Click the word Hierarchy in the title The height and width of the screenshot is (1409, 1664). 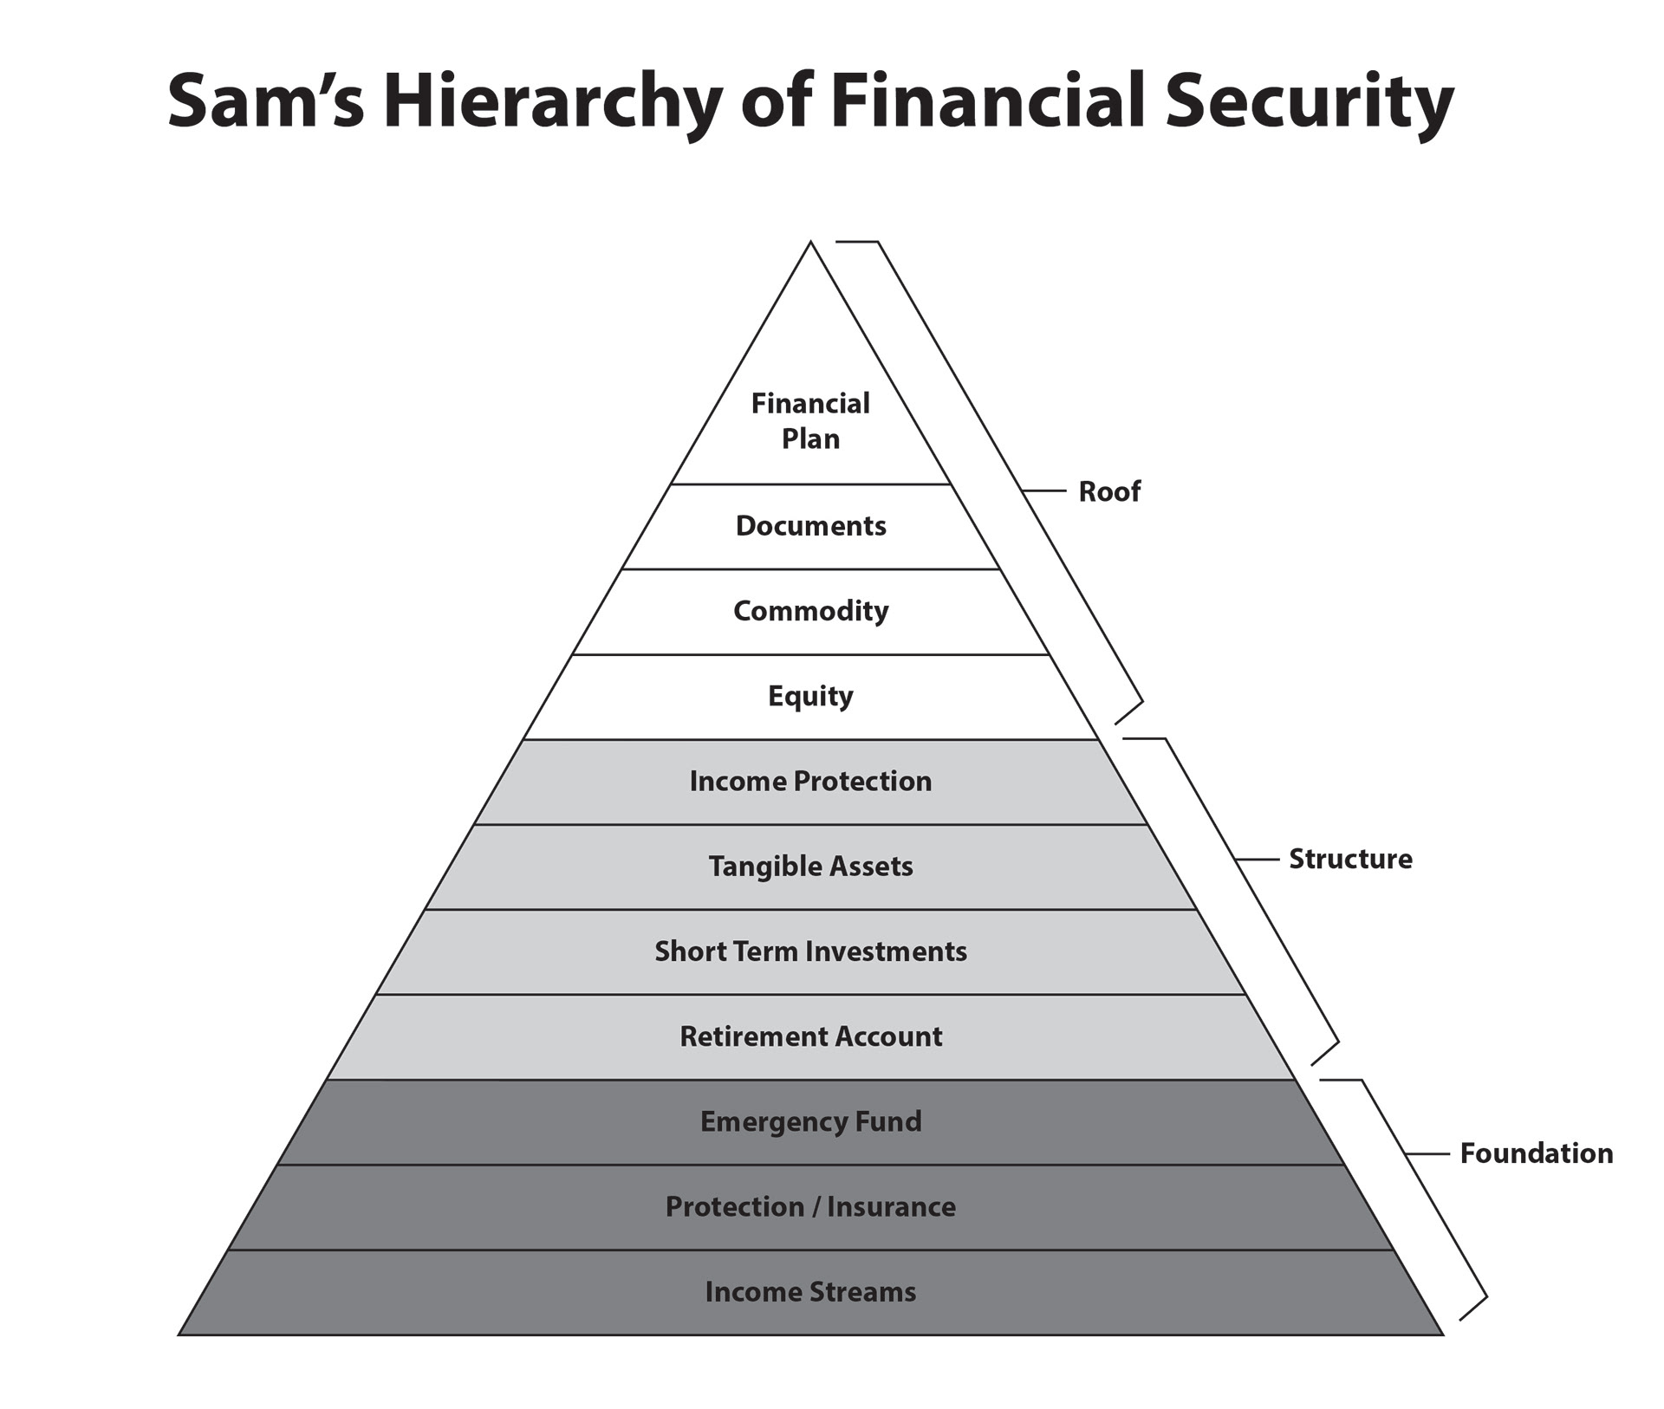click(x=552, y=103)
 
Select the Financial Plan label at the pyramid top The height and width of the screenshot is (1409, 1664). click(x=810, y=421)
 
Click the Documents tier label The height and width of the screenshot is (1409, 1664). click(x=810, y=526)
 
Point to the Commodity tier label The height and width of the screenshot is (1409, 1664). click(x=810, y=611)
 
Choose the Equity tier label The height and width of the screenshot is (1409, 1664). click(x=810, y=697)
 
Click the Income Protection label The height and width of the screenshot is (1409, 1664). click(x=810, y=782)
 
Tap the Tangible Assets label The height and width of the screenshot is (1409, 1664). click(x=810, y=867)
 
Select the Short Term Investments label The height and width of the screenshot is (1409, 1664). click(x=810, y=951)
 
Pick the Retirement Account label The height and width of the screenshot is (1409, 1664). click(x=810, y=1036)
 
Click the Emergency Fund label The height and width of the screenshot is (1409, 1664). click(x=810, y=1122)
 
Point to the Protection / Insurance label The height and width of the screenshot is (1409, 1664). click(x=810, y=1207)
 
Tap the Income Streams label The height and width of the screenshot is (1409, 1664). click(x=810, y=1292)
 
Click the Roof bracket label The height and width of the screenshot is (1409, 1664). click(x=1109, y=491)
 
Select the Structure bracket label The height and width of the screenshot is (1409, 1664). click(x=1350, y=859)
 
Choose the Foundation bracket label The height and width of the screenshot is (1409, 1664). click(x=1537, y=1153)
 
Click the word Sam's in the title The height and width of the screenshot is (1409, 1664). click(x=266, y=103)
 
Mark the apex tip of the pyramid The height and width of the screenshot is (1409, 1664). click(x=810, y=242)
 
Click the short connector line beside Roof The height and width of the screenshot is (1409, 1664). click(x=1043, y=491)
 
